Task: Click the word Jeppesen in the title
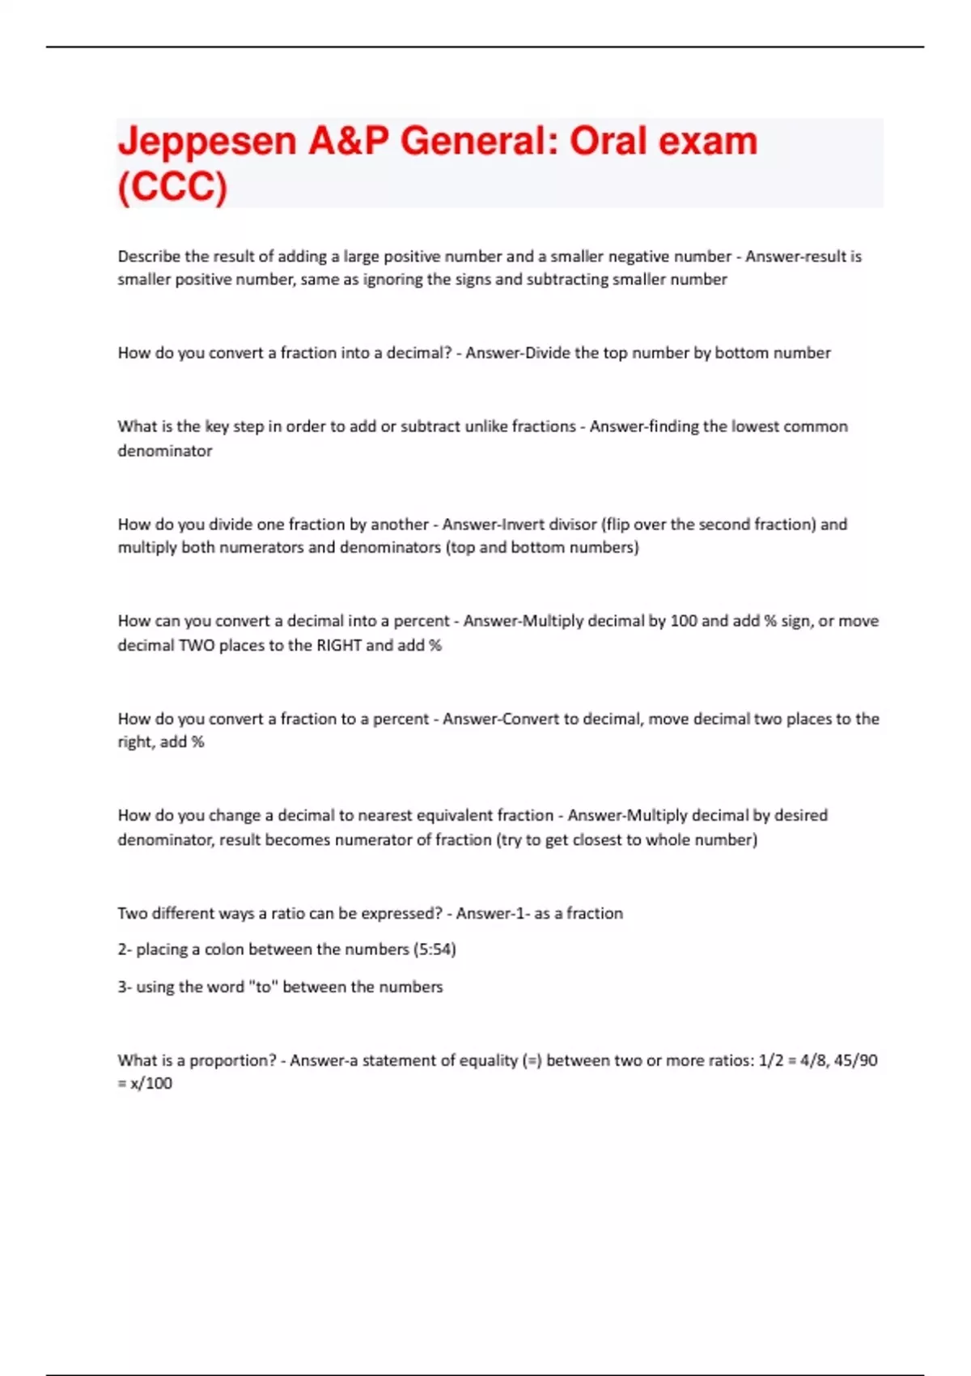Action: pos(206,142)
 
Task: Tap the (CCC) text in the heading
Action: pos(172,187)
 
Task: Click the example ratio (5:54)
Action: pos(435,949)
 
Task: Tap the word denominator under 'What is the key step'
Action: pos(165,451)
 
